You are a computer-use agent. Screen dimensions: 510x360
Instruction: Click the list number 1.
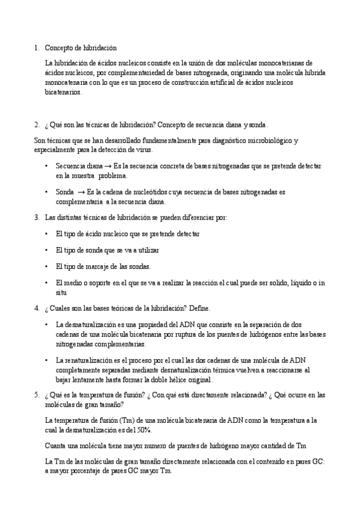35,47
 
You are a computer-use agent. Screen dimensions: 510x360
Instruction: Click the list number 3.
35,217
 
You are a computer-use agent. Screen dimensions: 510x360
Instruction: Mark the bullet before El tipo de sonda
47,250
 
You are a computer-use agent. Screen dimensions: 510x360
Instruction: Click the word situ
61,293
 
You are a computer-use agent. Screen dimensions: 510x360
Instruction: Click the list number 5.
35,395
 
